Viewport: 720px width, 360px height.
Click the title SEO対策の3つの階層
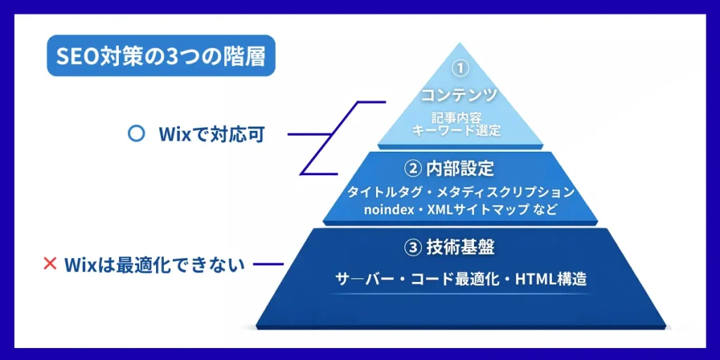[160, 56]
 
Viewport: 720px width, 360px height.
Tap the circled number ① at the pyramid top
[459, 69]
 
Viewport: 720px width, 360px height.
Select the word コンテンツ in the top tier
[459, 94]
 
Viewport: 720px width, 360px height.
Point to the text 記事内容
[459, 117]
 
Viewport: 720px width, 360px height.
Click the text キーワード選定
[459, 131]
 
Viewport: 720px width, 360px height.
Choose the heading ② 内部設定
[459, 168]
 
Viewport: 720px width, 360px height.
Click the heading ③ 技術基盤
[459, 247]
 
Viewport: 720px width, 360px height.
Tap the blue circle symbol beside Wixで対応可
[136, 134]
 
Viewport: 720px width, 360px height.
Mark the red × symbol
[50, 264]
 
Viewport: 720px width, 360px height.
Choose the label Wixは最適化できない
[154, 264]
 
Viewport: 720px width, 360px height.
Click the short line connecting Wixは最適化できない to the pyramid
[268, 265]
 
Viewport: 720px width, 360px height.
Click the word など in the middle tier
[545, 209]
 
